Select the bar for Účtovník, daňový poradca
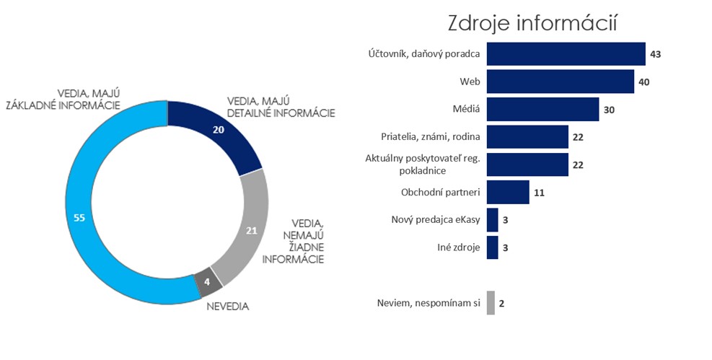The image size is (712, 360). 566,54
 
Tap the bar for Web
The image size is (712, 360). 560,82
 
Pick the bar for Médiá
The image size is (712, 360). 542,109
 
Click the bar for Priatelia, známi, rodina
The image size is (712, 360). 527,136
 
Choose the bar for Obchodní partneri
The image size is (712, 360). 508,193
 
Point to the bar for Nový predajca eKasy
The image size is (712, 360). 493,219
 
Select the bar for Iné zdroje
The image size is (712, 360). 493,247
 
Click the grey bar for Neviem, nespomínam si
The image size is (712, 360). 491,303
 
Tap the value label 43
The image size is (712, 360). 655,54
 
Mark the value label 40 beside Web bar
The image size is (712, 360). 644,82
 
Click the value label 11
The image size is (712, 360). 540,193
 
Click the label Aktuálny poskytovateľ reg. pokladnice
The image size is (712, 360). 431,164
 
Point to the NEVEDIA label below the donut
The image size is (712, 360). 227,306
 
